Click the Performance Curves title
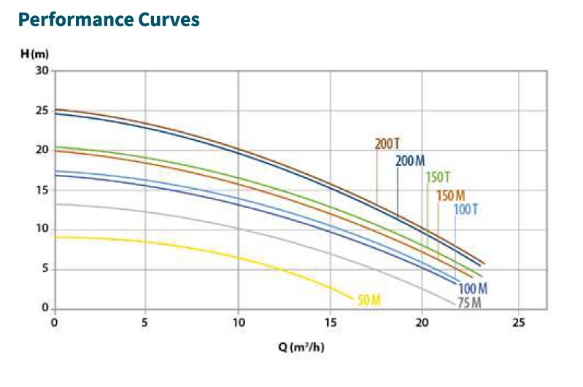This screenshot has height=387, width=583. (108, 20)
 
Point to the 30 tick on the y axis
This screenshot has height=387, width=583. (42, 71)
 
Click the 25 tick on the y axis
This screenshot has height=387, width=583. (42, 111)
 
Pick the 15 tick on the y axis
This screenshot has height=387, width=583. (42, 190)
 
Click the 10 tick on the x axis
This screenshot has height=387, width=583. (238, 322)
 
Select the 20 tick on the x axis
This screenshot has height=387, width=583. (423, 322)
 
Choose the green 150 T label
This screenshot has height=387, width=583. (439, 177)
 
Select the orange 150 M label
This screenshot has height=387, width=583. (450, 195)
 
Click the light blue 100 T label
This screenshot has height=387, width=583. (466, 211)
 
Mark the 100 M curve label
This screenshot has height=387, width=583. (473, 288)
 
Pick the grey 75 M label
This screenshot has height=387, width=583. (469, 302)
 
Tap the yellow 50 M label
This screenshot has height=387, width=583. (369, 300)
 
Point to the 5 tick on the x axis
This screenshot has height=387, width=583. (145, 322)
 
